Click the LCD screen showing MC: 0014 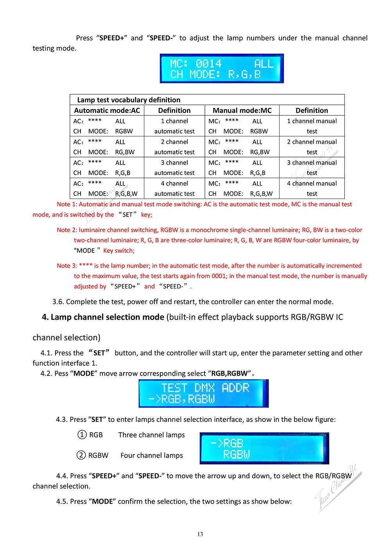pyautogui.click(x=222, y=68)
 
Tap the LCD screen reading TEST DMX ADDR pyautogui.click(x=204, y=394)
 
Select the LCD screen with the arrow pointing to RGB pyautogui.click(x=264, y=448)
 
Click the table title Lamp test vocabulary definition pyautogui.click(x=129, y=100)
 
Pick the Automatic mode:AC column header pyautogui.click(x=107, y=111)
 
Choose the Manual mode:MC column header pyautogui.click(x=242, y=111)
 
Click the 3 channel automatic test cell pyautogui.click(x=174, y=168)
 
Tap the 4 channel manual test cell pyautogui.click(x=312, y=188)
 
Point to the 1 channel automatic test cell pyautogui.click(x=174, y=126)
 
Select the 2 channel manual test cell pyautogui.click(x=312, y=147)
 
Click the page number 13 pyautogui.click(x=200, y=534)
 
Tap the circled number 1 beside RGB pyautogui.click(x=82, y=435)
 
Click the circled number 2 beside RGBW pyautogui.click(x=81, y=455)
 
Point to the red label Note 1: pyautogui.click(x=67, y=204)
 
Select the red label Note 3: pyautogui.click(x=67, y=266)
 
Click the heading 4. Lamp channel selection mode pyautogui.click(x=103, y=317)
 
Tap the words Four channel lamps pyautogui.click(x=152, y=455)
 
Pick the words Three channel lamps pyautogui.click(x=152, y=435)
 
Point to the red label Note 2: pyautogui.click(x=67, y=230)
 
